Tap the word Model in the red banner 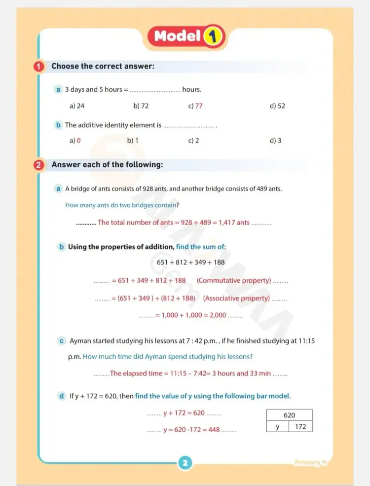177,36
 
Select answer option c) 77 195,106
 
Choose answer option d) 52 277,106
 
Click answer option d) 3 275,141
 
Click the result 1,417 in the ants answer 227,223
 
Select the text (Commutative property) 234,280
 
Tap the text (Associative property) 236,298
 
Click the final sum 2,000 218,315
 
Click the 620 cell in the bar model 289,415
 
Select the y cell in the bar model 278,426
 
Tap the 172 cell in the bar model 300,426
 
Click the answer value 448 214,430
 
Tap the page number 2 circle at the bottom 185,463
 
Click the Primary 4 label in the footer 310,462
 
